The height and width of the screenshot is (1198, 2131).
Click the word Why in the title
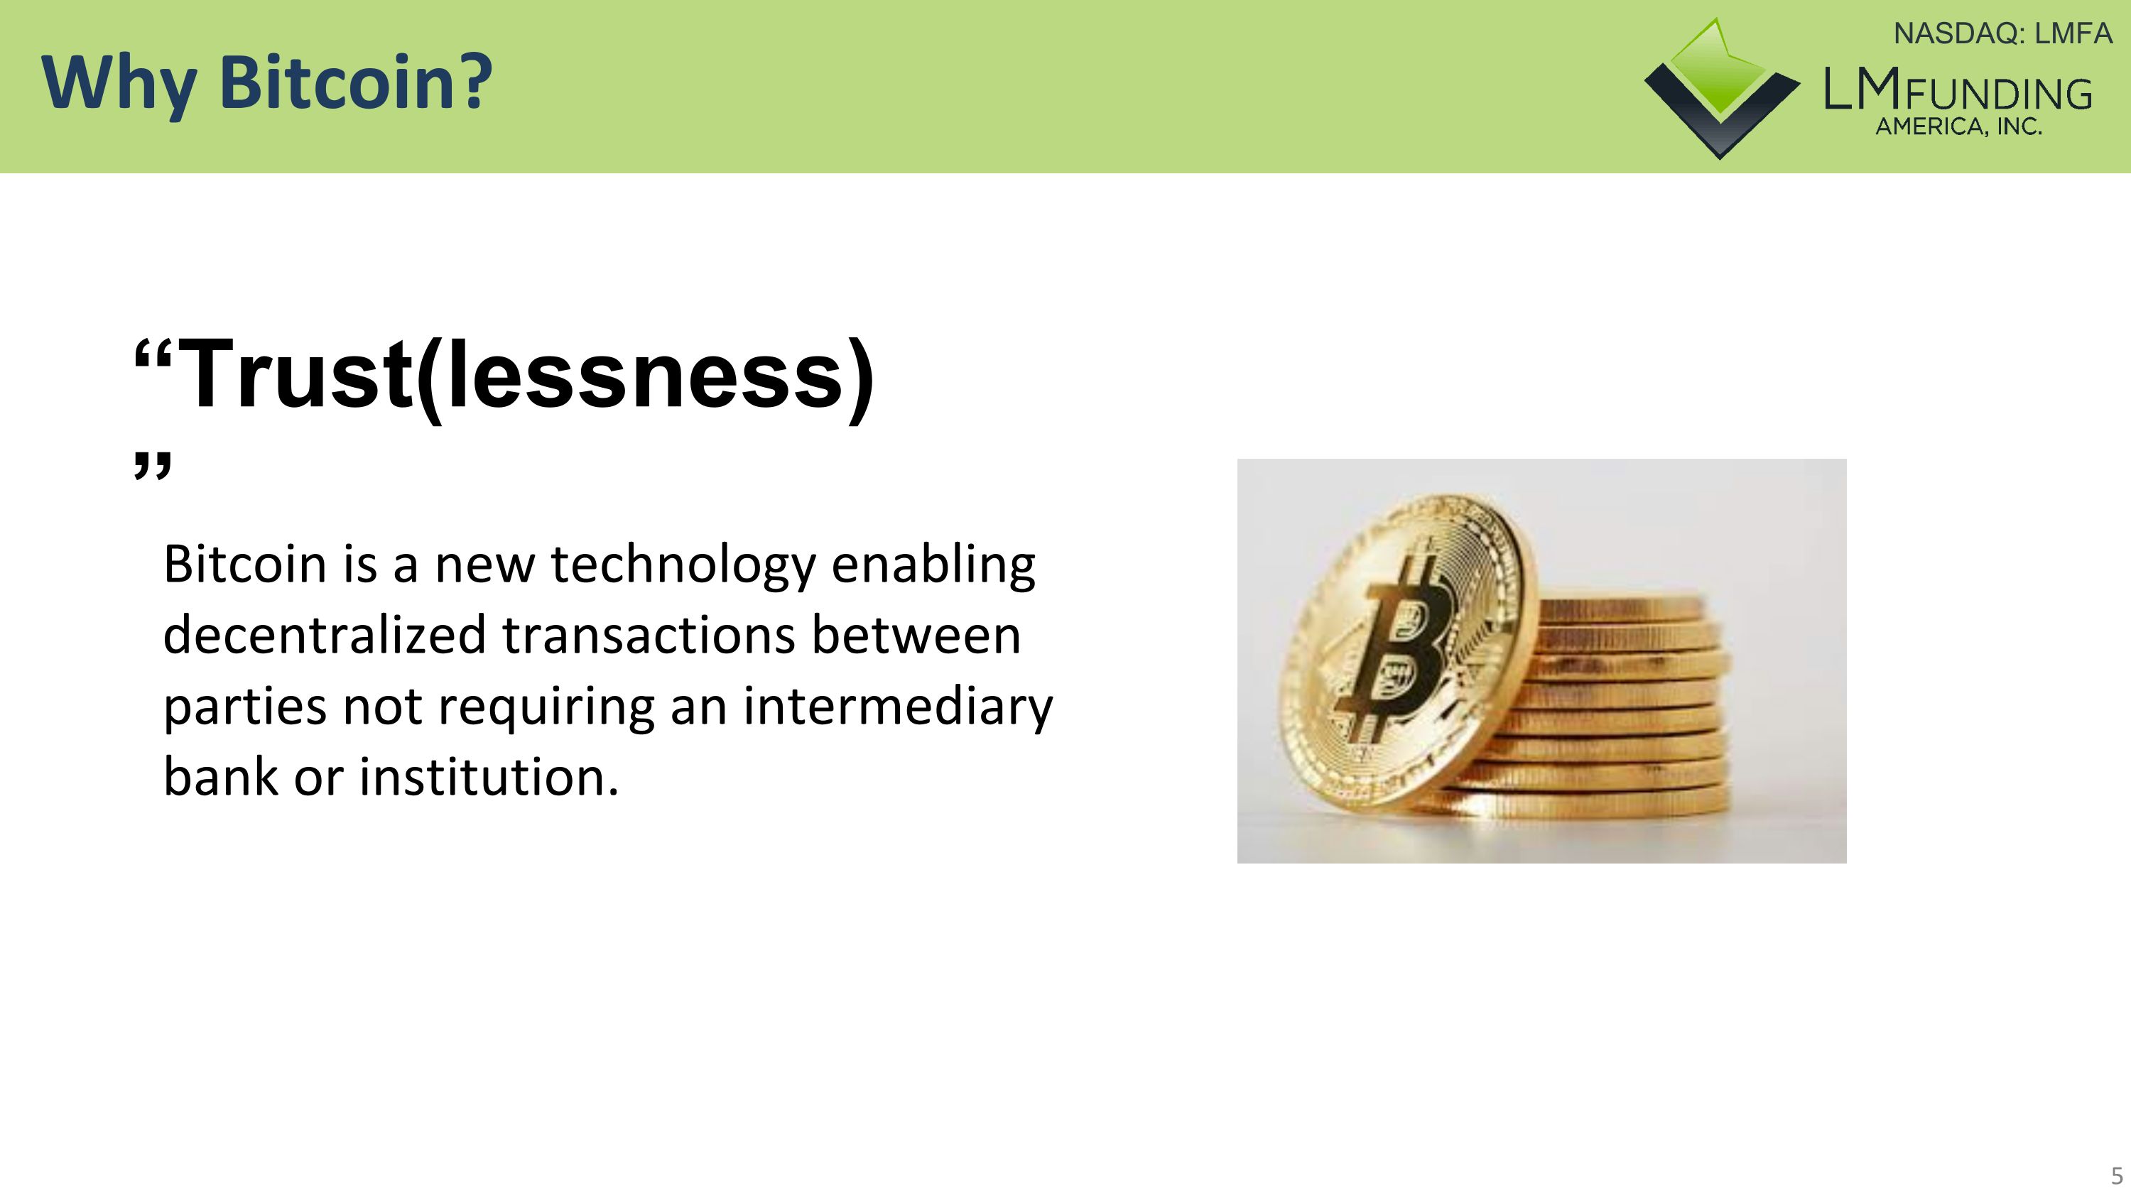pos(119,82)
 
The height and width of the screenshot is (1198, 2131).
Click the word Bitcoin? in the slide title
pos(356,82)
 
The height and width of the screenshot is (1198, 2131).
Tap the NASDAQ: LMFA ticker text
pos(2002,34)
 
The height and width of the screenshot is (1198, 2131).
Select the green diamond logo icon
pos(1720,87)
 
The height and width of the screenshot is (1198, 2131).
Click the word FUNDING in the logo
pos(1997,95)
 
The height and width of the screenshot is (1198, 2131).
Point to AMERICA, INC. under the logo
pos(1958,127)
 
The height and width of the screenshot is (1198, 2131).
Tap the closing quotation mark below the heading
pos(152,465)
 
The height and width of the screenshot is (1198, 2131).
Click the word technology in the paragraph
pos(683,565)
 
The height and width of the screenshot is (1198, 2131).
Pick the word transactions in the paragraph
pos(648,636)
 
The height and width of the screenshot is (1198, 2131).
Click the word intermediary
pos(898,707)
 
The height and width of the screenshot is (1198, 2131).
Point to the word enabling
pos(933,565)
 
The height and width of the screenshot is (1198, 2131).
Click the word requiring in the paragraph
pos(546,707)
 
